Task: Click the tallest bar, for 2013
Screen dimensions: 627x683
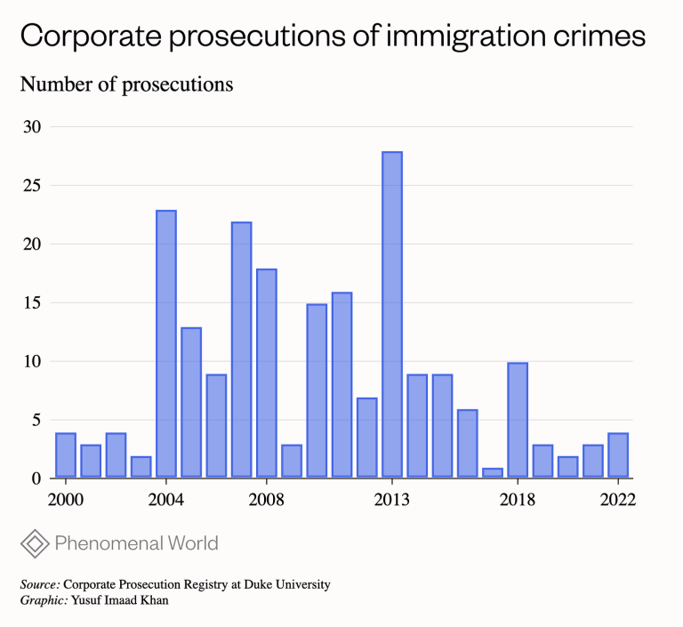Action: tap(392, 315)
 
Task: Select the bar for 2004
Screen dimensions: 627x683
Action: tap(166, 344)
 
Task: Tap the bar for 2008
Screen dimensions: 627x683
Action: tap(267, 374)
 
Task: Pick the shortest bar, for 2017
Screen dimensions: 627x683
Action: tap(493, 473)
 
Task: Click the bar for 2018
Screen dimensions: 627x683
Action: tap(518, 421)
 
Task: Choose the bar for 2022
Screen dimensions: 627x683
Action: tap(618, 455)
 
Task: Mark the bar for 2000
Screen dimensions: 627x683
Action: tap(66, 455)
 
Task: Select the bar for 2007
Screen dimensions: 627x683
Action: tap(242, 350)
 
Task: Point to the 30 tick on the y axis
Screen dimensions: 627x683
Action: tap(32, 126)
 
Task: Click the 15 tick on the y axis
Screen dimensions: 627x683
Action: tap(32, 302)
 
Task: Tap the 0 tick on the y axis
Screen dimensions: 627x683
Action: tap(36, 478)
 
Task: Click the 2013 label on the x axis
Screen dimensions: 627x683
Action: tap(392, 500)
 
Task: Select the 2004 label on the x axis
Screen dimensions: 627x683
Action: tap(166, 500)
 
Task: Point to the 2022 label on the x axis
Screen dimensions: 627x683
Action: tap(618, 500)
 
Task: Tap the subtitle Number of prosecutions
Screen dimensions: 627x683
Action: tap(126, 84)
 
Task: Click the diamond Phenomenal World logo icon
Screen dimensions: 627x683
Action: tap(34, 543)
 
